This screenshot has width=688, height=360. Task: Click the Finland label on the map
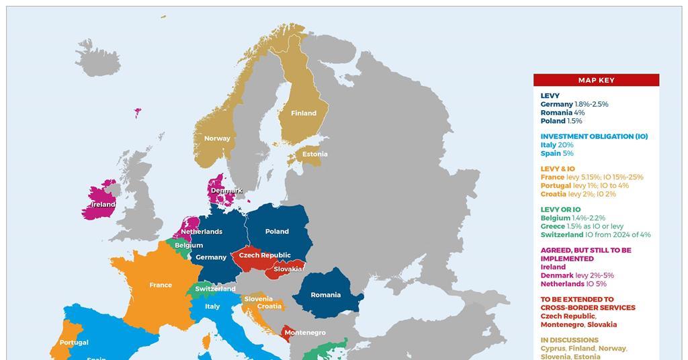pyautogui.click(x=303, y=114)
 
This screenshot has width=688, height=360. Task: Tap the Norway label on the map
pyautogui.click(x=217, y=138)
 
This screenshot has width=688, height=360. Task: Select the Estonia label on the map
pyautogui.click(x=314, y=154)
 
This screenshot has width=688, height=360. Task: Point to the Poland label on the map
pyautogui.click(x=277, y=232)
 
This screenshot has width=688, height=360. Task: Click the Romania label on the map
pyautogui.click(x=326, y=295)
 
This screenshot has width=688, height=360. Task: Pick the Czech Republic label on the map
pyautogui.click(x=265, y=255)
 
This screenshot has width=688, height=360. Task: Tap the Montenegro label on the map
pyautogui.click(x=305, y=332)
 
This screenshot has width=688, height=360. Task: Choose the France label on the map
pyautogui.click(x=161, y=285)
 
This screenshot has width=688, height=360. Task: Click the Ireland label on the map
pyautogui.click(x=103, y=204)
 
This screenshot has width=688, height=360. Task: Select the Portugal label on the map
pyautogui.click(x=74, y=343)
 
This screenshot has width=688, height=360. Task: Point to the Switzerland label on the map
pyautogui.click(x=215, y=289)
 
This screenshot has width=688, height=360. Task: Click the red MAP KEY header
pyautogui.click(x=596, y=80)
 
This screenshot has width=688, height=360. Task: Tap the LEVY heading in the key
pyautogui.click(x=550, y=96)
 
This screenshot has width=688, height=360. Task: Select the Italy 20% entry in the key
pyautogui.click(x=557, y=145)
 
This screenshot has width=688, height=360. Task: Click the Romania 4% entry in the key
pyautogui.click(x=562, y=113)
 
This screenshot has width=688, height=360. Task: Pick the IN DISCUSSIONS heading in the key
pyautogui.click(x=569, y=340)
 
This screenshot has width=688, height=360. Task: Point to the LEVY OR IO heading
pyautogui.click(x=560, y=210)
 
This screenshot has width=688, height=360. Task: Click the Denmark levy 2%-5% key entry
pyautogui.click(x=577, y=275)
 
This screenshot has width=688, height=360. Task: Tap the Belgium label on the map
pyautogui.click(x=189, y=246)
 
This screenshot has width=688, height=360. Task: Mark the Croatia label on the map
pyautogui.click(x=269, y=306)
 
